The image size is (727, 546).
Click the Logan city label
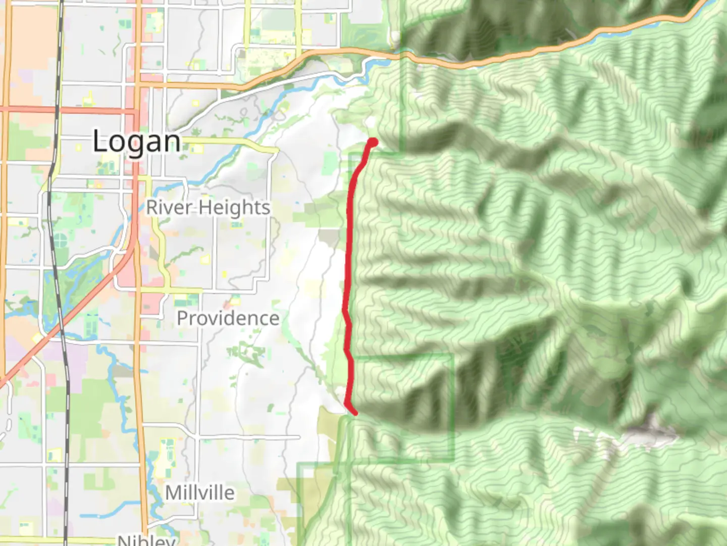[x=136, y=141]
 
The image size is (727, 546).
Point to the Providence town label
[x=228, y=318]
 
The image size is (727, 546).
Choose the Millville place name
[x=200, y=492]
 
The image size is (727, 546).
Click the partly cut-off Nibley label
[x=146, y=540]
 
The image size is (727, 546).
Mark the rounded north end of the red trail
[x=374, y=142]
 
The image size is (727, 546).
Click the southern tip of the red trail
[x=355, y=413]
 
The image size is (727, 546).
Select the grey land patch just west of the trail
[x=330, y=237]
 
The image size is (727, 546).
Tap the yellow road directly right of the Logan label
[x=227, y=142]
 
